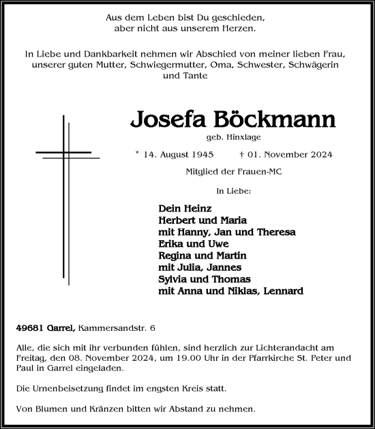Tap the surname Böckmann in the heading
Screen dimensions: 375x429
(274, 120)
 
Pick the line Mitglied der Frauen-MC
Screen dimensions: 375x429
(234, 171)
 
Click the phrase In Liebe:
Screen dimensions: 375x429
(233, 192)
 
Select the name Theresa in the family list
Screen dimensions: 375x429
(274, 232)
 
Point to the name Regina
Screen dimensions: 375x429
(176, 256)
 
